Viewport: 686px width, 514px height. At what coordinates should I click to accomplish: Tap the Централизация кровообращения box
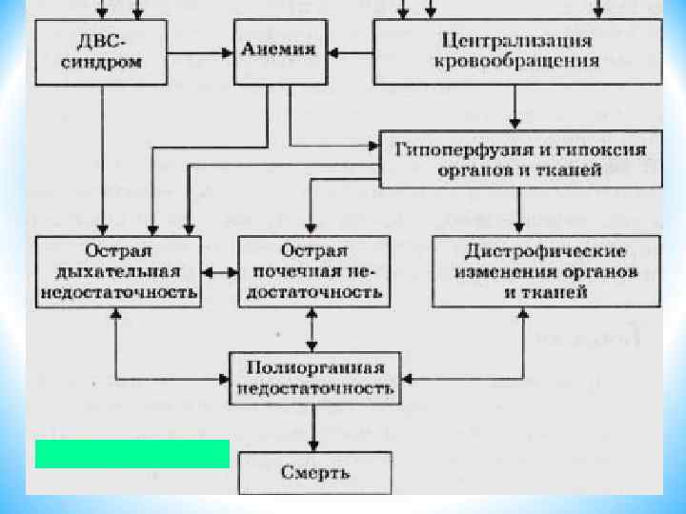[516, 52]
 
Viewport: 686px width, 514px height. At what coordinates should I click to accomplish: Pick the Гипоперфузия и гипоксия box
[520, 158]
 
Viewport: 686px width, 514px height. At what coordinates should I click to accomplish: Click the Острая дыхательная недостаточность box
[118, 271]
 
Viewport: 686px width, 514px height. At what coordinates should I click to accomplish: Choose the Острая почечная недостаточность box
[313, 271]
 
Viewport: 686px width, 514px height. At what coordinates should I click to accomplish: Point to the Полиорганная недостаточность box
[314, 379]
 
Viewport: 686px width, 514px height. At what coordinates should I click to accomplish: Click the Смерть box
[314, 472]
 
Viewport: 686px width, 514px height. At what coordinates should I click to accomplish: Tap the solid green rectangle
[131, 454]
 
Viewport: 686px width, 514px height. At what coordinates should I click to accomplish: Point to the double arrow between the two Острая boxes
[219, 272]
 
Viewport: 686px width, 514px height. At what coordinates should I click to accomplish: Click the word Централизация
[517, 42]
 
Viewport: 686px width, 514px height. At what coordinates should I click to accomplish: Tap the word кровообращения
[516, 62]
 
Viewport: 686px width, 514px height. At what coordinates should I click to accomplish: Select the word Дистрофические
[545, 252]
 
